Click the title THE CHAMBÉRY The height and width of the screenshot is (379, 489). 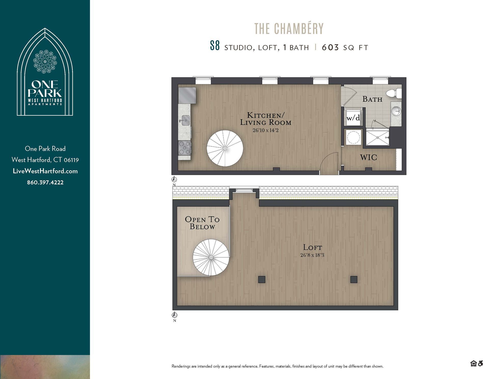click(289, 29)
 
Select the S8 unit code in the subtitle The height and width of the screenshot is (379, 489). click(215, 46)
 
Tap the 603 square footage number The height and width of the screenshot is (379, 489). click(330, 48)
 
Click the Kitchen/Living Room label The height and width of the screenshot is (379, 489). click(266, 119)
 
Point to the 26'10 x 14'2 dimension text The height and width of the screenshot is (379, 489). click(266, 131)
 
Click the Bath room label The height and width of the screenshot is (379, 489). click(372, 99)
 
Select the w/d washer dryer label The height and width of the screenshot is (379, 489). click(353, 118)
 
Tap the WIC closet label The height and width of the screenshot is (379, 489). click(368, 158)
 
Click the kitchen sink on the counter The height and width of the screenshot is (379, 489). click(185, 120)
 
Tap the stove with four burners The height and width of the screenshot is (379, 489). click(184, 148)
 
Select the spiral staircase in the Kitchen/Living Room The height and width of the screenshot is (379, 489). click(225, 148)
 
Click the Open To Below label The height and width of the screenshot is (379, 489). click(202, 223)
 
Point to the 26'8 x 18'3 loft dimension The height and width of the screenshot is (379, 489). click(312, 255)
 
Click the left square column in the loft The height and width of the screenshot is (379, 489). click(262, 279)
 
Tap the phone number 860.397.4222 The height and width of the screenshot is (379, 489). click(45, 183)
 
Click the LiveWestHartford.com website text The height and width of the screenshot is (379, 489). click(45, 171)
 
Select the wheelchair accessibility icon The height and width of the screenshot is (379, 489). click(480, 363)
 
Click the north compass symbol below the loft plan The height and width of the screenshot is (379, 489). click(175, 315)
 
